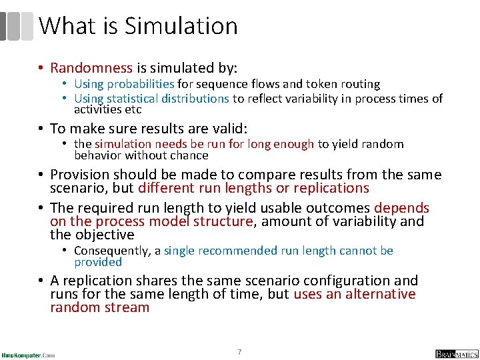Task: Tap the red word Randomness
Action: pos(91,68)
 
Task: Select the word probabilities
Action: pos(140,84)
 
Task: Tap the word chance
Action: pos(191,155)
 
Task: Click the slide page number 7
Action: pos(239,351)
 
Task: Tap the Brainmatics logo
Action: pos(456,353)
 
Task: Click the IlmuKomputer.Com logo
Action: pos(29,354)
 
